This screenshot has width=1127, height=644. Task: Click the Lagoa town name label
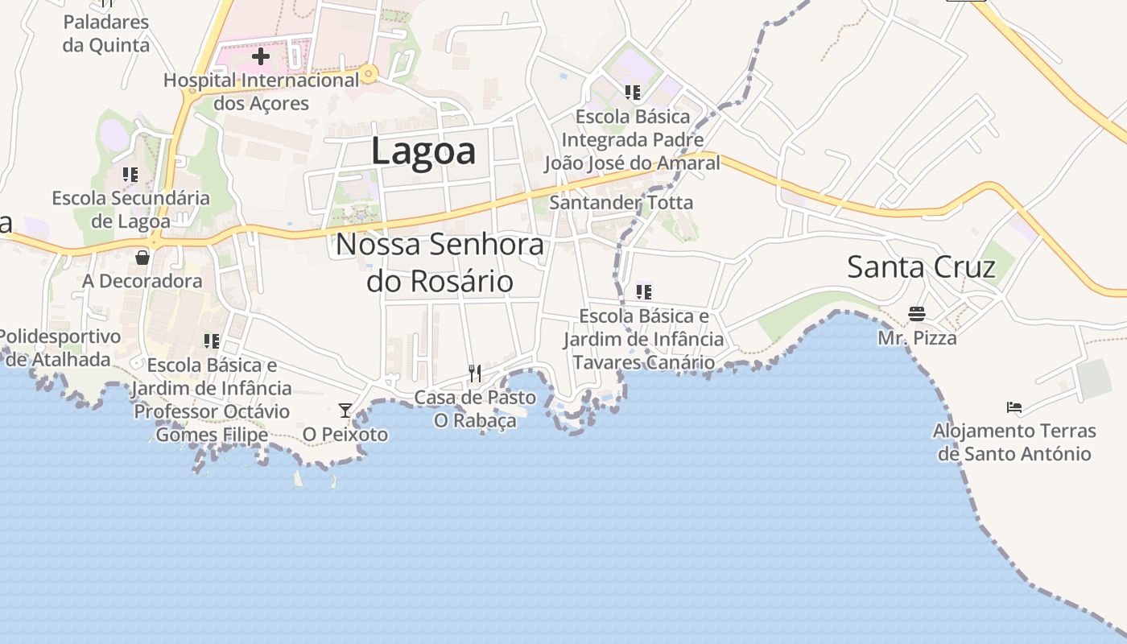click(423, 151)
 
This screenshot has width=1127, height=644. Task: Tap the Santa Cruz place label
click(921, 266)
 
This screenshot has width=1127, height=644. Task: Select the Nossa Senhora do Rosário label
click(440, 262)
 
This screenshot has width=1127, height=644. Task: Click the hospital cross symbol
click(261, 57)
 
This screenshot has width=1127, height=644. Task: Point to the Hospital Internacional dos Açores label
click(261, 92)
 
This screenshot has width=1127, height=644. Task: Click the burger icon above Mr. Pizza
click(917, 313)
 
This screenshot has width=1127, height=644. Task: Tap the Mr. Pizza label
click(917, 338)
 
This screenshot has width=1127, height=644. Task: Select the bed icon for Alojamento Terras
click(1014, 407)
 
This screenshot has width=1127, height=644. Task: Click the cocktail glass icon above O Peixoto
click(345, 411)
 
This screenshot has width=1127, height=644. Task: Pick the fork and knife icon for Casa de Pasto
click(475, 373)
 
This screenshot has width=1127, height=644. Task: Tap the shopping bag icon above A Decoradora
click(142, 258)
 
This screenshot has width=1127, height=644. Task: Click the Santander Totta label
click(621, 203)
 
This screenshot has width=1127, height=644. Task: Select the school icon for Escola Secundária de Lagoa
click(130, 174)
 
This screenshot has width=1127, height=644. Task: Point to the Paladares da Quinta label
click(106, 33)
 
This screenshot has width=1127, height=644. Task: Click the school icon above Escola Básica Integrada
click(632, 93)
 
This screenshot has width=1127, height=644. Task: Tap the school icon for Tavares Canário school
click(643, 291)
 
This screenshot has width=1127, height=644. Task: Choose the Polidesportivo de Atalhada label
click(60, 348)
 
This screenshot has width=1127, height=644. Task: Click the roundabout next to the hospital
click(369, 75)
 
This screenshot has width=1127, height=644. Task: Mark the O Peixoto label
click(345, 435)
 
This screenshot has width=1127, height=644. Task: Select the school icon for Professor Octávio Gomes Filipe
click(212, 341)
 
